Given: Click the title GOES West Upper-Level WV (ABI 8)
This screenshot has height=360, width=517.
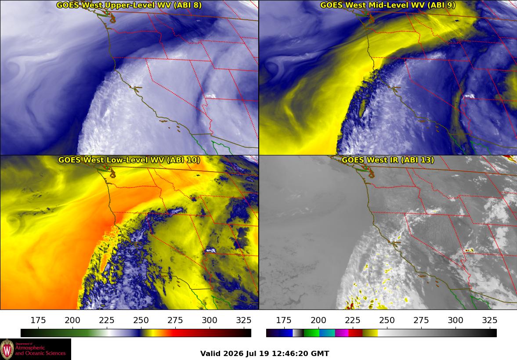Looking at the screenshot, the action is (x=129, y=5).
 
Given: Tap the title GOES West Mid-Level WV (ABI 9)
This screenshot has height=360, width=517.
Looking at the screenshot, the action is (x=388, y=5).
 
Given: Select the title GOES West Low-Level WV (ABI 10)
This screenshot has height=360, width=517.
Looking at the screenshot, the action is (x=129, y=160).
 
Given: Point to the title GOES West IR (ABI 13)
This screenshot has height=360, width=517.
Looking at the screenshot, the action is (x=388, y=160).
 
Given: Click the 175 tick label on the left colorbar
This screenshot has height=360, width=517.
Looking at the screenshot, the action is (x=38, y=320).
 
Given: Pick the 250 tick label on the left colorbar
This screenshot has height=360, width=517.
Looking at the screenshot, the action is (x=141, y=320).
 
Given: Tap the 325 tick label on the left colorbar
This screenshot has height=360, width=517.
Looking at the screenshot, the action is (x=244, y=320).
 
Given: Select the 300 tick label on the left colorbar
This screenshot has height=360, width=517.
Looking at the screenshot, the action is (x=210, y=320).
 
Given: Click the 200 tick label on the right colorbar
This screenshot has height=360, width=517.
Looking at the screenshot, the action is (x=318, y=320).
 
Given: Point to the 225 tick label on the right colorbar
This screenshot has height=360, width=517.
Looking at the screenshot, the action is (x=352, y=320).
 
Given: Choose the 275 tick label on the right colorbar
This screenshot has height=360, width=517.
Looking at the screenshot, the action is (x=421, y=320).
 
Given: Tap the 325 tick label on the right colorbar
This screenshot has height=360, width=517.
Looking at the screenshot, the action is (x=490, y=320).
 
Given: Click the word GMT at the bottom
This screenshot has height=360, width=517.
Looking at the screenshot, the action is (x=320, y=354).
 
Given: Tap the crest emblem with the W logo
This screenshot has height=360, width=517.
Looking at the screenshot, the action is (x=7, y=349).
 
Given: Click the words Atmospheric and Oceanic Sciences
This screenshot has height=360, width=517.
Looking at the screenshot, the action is (x=40, y=350).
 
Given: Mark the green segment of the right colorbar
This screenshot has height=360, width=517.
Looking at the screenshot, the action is (x=311, y=333).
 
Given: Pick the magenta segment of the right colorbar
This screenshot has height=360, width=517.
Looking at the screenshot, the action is (x=342, y=333).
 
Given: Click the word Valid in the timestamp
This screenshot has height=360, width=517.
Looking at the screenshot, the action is (x=210, y=354).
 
